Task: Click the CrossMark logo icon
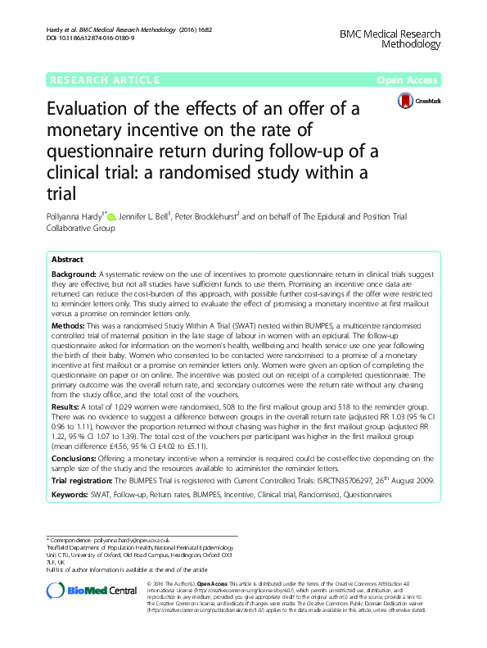406,101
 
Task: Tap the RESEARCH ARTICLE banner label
106,80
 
